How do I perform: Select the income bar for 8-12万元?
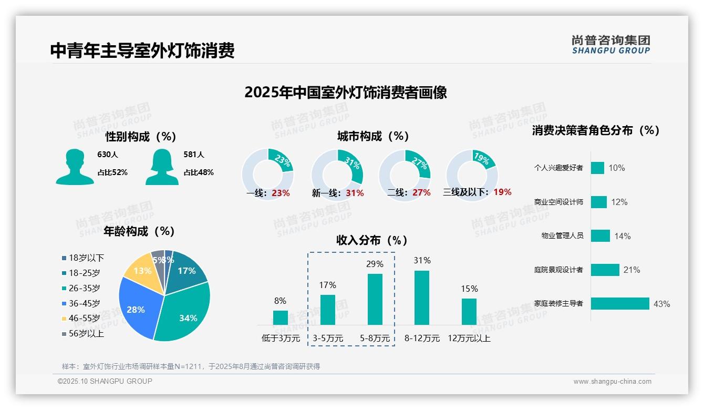pos(422,298)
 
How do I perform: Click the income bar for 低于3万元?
pos(281,317)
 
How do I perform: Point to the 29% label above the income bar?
pos(375,264)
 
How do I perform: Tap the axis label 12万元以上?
pos(469,339)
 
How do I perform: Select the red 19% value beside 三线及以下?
pos(502,192)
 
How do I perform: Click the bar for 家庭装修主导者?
pos(620,304)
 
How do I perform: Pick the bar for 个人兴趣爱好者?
pos(597,168)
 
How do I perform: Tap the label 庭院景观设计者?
pos(558,270)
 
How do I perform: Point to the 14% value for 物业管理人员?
pos(623,237)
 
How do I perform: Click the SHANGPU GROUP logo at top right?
pos(610,45)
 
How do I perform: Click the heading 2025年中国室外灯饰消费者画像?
pos(346,93)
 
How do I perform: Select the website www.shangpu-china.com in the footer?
pos(612,382)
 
